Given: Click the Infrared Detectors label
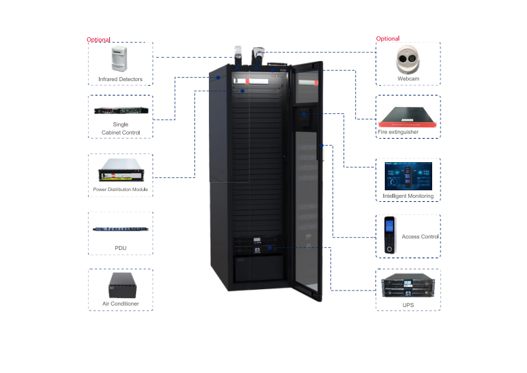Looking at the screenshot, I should pos(120,80).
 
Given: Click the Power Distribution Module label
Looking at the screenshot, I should pos(121,189).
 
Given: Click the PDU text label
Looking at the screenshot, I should pos(121,247).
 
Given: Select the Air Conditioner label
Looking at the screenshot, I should pos(121,303).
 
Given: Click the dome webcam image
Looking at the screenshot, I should pos(408,60).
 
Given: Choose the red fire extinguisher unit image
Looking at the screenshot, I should pos(408,115).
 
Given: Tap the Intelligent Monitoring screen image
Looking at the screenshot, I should pos(408,177).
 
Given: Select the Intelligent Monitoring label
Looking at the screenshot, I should pos(408,196).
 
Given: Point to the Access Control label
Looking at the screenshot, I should pos(420,237).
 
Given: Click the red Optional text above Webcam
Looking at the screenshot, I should pos(388,38).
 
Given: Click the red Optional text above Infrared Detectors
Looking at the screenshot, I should pos(98,40).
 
